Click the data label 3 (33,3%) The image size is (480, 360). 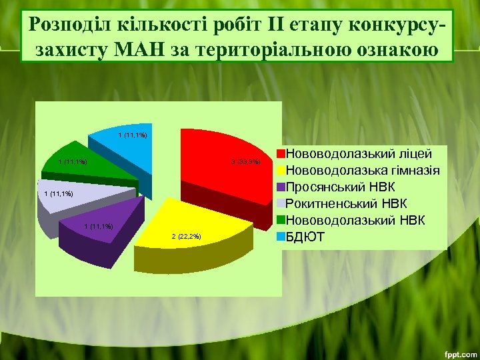(250, 162)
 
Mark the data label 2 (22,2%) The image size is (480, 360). (186, 237)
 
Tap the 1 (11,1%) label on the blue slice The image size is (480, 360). (132, 136)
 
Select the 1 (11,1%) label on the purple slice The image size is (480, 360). (98, 227)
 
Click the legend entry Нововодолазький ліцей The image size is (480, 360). (360, 153)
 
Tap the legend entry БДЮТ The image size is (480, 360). (306, 236)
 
